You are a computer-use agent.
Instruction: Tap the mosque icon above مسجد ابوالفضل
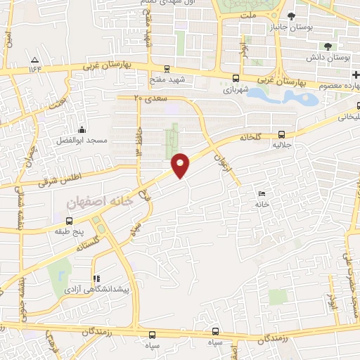(82, 129)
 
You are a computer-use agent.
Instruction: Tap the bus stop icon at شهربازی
(236, 79)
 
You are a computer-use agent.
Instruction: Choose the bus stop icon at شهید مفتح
(167, 69)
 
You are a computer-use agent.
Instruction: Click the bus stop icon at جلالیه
(281, 134)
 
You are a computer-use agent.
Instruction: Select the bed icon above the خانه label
(262, 193)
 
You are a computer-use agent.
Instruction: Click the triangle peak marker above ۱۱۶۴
(35, 58)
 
